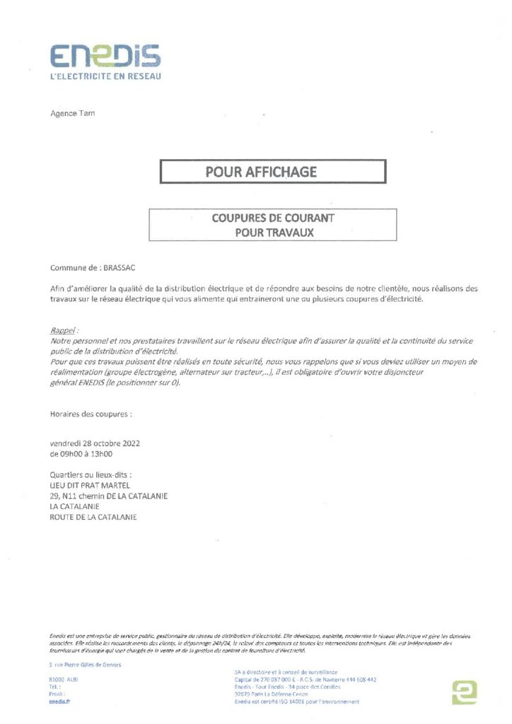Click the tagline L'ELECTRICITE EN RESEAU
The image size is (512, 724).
105,76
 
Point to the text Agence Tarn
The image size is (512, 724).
72,113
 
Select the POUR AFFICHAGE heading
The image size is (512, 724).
261,171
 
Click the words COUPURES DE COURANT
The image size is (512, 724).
272,218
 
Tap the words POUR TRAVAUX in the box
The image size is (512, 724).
274,231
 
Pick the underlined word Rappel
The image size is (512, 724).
64,330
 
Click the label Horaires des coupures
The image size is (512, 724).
91,413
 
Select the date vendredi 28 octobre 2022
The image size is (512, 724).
95,443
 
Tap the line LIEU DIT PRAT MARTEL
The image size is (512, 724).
89,486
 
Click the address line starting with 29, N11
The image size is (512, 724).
108,496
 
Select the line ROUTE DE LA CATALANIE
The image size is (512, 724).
93,517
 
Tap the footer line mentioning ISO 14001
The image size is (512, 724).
296,701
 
